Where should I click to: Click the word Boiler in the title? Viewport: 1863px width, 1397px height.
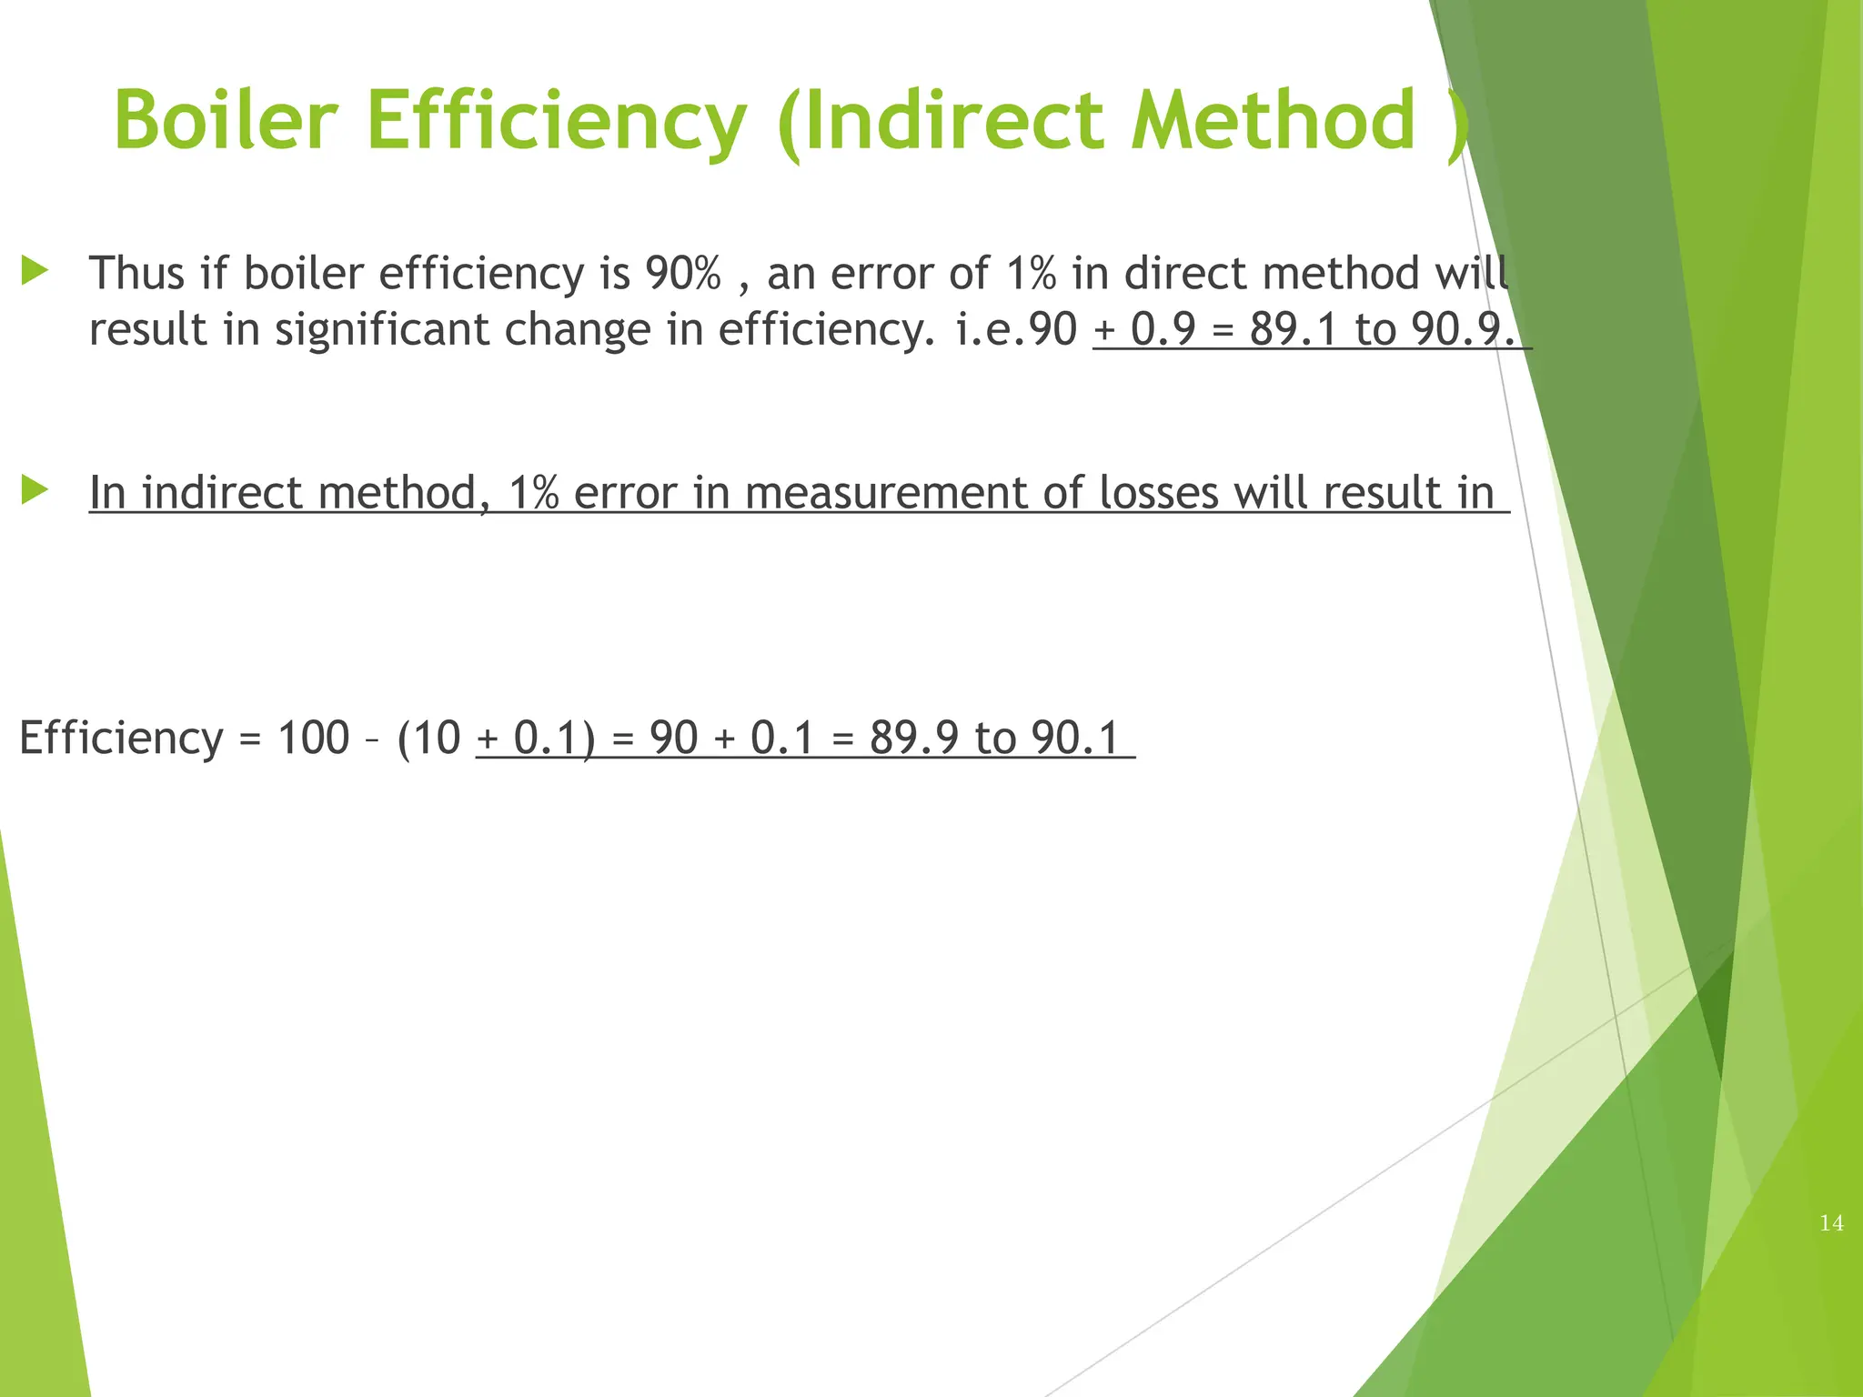pyautogui.click(x=226, y=121)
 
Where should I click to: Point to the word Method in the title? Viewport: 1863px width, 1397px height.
pyautogui.click(x=1274, y=121)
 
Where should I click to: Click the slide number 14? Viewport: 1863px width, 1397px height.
pyautogui.click(x=1831, y=1223)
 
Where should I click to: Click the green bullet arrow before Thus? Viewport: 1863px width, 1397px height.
pyautogui.click(x=35, y=270)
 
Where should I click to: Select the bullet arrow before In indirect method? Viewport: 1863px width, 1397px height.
pyautogui.click(x=35, y=490)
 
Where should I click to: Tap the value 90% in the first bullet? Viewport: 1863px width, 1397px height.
pyautogui.click(x=682, y=273)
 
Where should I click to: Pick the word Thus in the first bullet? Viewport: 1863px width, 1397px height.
pyautogui.click(x=136, y=273)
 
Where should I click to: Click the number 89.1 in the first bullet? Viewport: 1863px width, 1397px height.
pyautogui.click(x=1293, y=328)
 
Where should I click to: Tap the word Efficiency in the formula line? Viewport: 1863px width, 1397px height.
pyautogui.click(x=121, y=739)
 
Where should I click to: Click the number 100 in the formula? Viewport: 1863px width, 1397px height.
pyautogui.click(x=313, y=738)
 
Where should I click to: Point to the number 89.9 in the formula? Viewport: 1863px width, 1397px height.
pyautogui.click(x=913, y=738)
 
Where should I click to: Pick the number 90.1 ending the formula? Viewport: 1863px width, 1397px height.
pyautogui.click(x=1075, y=738)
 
